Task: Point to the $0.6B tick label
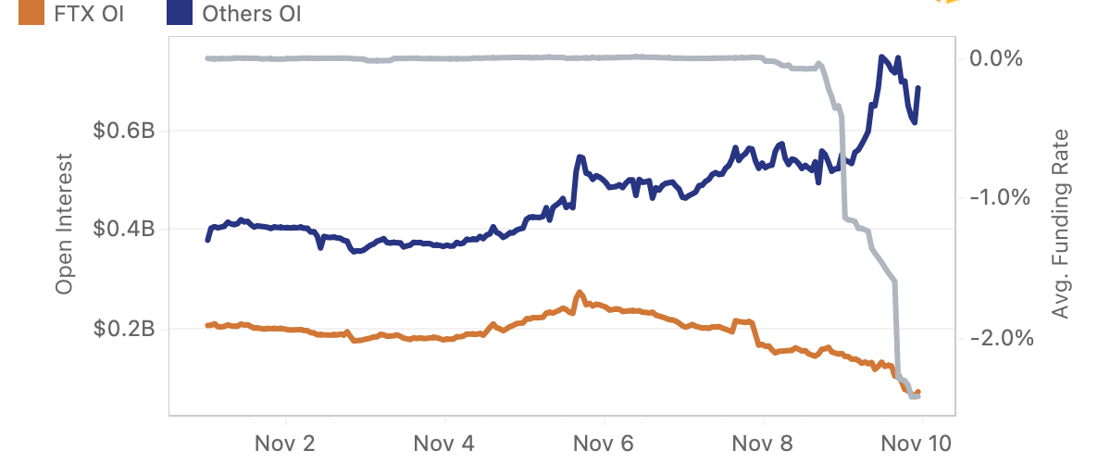tap(123, 131)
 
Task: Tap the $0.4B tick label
tap(123, 230)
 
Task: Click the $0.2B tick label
tap(123, 329)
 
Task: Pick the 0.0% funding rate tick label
tap(996, 58)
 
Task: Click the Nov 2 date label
tap(285, 444)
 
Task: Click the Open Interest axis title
tap(64, 230)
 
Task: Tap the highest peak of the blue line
tap(882, 57)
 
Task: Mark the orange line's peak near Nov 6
tap(580, 293)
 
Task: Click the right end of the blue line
tap(918, 88)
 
